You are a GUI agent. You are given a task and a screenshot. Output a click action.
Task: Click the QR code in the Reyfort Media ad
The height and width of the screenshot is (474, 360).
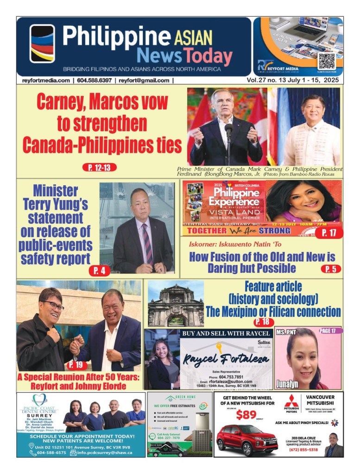[326, 61]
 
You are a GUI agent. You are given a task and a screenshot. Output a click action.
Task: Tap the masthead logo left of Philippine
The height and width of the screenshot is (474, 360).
[42, 44]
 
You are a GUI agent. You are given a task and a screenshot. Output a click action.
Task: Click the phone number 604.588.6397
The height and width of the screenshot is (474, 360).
[95, 80]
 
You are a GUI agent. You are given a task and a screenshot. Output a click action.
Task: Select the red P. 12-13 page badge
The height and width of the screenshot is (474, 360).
[99, 168]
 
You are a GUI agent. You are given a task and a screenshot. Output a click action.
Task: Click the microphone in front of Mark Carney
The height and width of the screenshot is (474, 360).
[228, 131]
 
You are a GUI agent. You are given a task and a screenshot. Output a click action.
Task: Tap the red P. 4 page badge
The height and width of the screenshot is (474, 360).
[99, 270]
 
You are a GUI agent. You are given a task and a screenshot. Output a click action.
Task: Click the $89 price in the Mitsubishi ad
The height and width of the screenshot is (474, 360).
[246, 414]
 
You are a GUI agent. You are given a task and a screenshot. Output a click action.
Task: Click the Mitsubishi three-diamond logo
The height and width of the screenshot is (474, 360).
[291, 401]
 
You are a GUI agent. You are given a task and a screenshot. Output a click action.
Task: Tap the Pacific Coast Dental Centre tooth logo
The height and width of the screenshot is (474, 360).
[39, 399]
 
